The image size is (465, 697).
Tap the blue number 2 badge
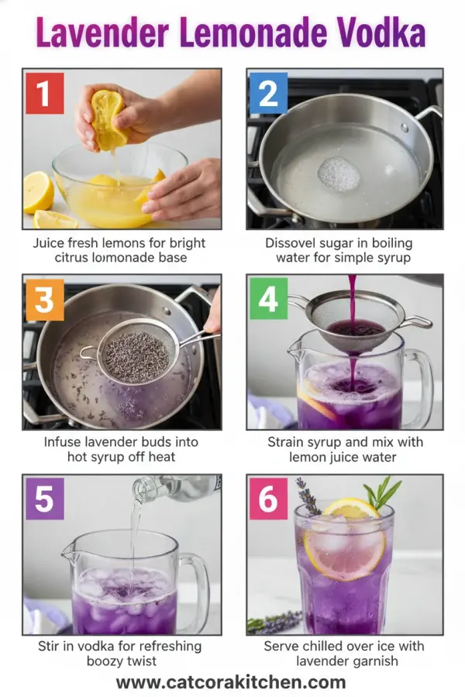[x=268, y=94]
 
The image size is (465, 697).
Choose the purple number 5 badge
[x=44, y=500]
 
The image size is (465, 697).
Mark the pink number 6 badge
[x=268, y=500]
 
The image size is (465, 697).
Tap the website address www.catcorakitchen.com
[x=231, y=682]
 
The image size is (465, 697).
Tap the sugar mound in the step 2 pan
[x=339, y=173]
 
